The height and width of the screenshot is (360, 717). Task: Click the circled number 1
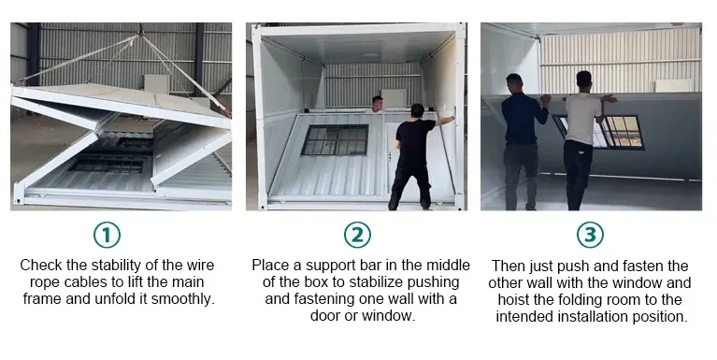pos(107,235)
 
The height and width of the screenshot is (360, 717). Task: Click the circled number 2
pos(357,235)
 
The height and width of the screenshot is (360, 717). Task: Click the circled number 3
pos(590,235)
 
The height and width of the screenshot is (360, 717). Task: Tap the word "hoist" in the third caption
pos(514,299)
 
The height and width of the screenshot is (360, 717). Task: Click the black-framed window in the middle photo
pos(335,140)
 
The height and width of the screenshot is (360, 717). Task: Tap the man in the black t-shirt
pos(415,157)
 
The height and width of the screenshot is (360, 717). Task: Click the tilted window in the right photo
pos(599,132)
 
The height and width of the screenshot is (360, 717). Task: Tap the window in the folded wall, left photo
pos(109,165)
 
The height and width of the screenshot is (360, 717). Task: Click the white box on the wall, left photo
pos(157,85)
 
